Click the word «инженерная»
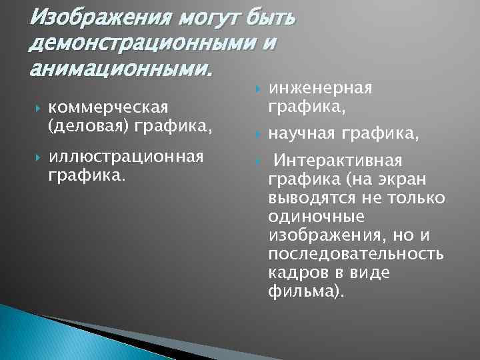(320, 88)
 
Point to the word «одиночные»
(316, 217)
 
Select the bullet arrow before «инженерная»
(253, 89)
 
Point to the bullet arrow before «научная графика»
(253, 135)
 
